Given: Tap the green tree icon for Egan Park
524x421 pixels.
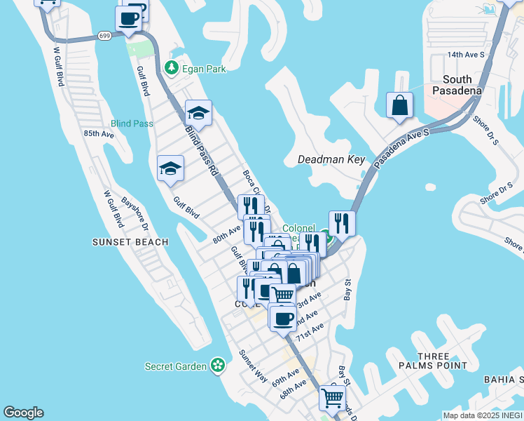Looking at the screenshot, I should (x=170, y=68).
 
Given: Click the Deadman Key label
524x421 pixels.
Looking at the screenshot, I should (x=331, y=159).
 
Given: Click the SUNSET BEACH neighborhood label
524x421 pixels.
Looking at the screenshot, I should (x=130, y=242).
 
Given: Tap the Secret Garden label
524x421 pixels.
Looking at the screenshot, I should (x=176, y=366).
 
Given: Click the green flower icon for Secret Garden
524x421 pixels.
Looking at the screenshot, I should (x=219, y=365).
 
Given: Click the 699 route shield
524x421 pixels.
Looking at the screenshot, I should (x=104, y=35).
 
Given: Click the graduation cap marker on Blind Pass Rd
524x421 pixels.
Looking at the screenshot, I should (x=199, y=113).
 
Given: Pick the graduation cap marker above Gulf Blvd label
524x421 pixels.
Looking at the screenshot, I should (x=170, y=168).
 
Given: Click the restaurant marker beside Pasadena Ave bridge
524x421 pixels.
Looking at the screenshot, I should (x=341, y=224).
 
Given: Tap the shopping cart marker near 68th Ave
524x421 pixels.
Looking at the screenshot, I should (x=332, y=399).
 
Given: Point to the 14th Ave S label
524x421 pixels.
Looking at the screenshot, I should (x=466, y=54).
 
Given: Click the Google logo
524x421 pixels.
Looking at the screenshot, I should (x=23, y=413).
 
